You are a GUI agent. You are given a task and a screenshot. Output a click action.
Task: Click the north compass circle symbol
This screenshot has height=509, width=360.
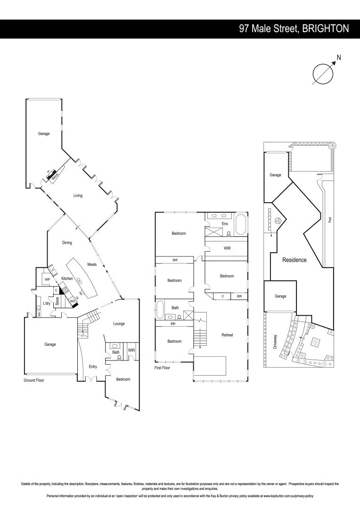click(x=323, y=74)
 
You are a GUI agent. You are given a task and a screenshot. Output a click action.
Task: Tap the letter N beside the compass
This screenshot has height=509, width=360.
click(x=339, y=58)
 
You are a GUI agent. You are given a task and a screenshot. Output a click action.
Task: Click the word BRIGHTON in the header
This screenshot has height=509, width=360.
click(x=326, y=29)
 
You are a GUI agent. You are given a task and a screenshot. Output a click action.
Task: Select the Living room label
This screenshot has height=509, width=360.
click(x=78, y=196)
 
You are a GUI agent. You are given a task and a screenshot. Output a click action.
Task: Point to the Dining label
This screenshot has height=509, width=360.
click(x=67, y=243)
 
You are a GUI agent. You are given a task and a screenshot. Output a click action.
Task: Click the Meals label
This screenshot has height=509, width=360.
click(x=92, y=264)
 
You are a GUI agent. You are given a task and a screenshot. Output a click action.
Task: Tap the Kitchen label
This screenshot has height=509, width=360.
click(x=67, y=279)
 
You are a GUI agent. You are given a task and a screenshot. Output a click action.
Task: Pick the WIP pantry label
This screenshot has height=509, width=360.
click(x=47, y=279)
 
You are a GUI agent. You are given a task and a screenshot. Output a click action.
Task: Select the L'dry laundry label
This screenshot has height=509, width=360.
click(x=47, y=303)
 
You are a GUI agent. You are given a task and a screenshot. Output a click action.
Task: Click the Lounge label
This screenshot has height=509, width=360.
click(x=119, y=324)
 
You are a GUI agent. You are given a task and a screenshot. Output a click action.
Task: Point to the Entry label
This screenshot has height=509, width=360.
click(x=93, y=366)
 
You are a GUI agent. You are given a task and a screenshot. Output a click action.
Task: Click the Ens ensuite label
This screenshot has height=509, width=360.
click(x=225, y=223)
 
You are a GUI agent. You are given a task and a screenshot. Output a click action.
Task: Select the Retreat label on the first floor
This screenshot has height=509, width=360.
click(x=228, y=335)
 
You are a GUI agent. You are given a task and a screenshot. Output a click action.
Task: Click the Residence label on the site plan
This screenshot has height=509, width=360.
click(x=294, y=260)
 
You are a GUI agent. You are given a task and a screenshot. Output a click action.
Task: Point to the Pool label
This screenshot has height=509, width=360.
click(x=330, y=220)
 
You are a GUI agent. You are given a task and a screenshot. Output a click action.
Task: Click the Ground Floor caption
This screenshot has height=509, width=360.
click(x=33, y=379)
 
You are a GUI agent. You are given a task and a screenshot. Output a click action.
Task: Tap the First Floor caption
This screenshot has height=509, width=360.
click(x=163, y=368)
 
